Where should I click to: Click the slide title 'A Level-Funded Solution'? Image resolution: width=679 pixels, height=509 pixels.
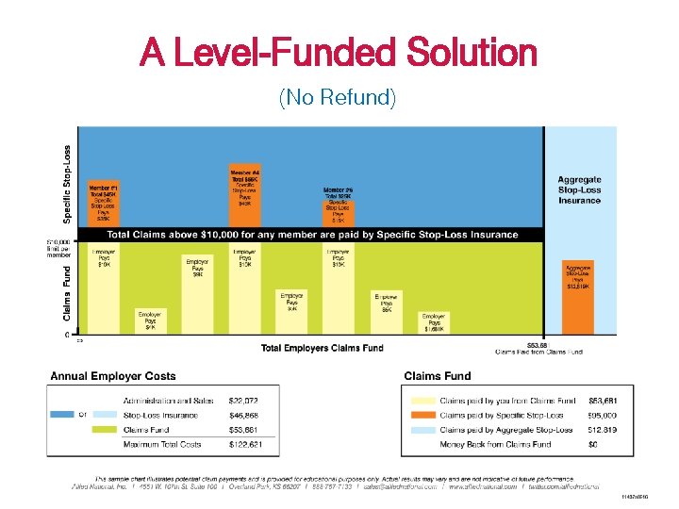click(x=338, y=52)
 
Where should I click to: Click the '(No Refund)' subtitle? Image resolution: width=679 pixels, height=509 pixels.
click(x=338, y=96)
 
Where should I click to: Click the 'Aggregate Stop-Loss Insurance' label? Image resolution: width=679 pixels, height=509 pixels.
click(x=579, y=189)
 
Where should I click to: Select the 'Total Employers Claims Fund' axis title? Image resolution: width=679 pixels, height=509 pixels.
click(x=322, y=348)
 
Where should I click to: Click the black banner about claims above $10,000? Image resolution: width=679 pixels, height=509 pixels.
click(x=311, y=235)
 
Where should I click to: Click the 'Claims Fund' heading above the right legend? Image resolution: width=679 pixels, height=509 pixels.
click(x=437, y=376)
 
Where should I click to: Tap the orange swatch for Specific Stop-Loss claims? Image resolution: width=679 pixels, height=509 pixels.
click(x=422, y=415)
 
